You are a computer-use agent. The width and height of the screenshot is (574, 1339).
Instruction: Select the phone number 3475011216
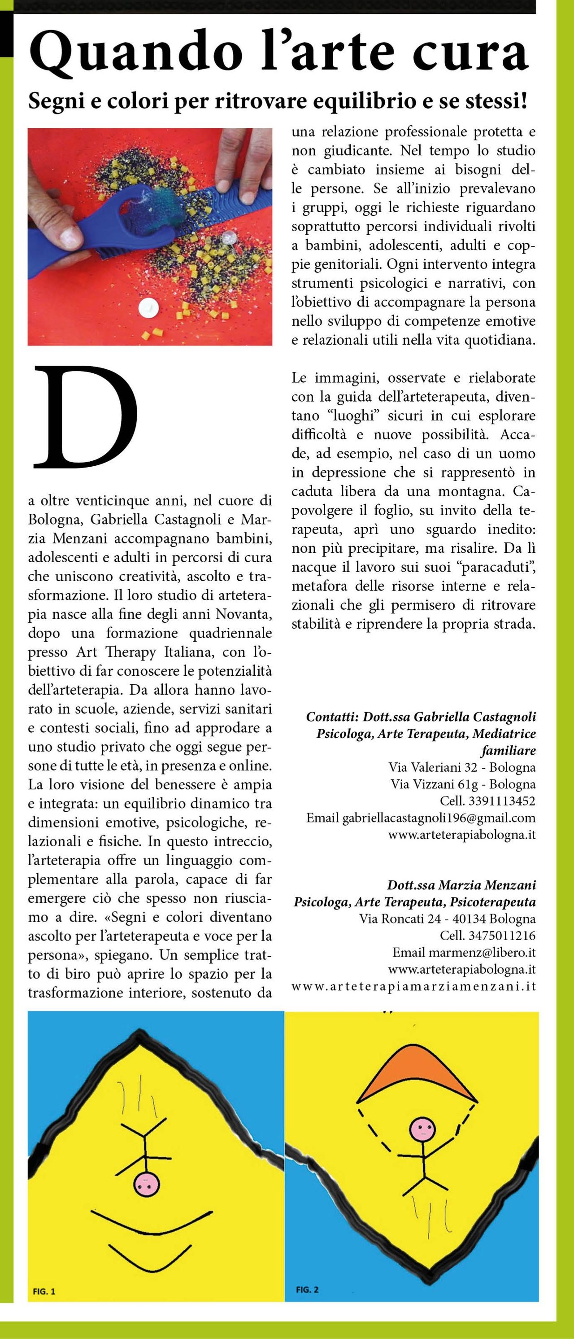[501, 936]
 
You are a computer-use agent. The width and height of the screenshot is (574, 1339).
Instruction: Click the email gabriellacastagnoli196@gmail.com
[439, 818]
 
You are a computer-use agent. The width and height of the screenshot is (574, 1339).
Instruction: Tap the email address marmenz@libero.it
[482, 952]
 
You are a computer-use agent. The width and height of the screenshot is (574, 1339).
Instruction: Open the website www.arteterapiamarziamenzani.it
[413, 986]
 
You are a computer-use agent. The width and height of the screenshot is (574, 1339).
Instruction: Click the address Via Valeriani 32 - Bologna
[462, 767]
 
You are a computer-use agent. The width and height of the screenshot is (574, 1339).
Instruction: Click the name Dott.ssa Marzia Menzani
[461, 885]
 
